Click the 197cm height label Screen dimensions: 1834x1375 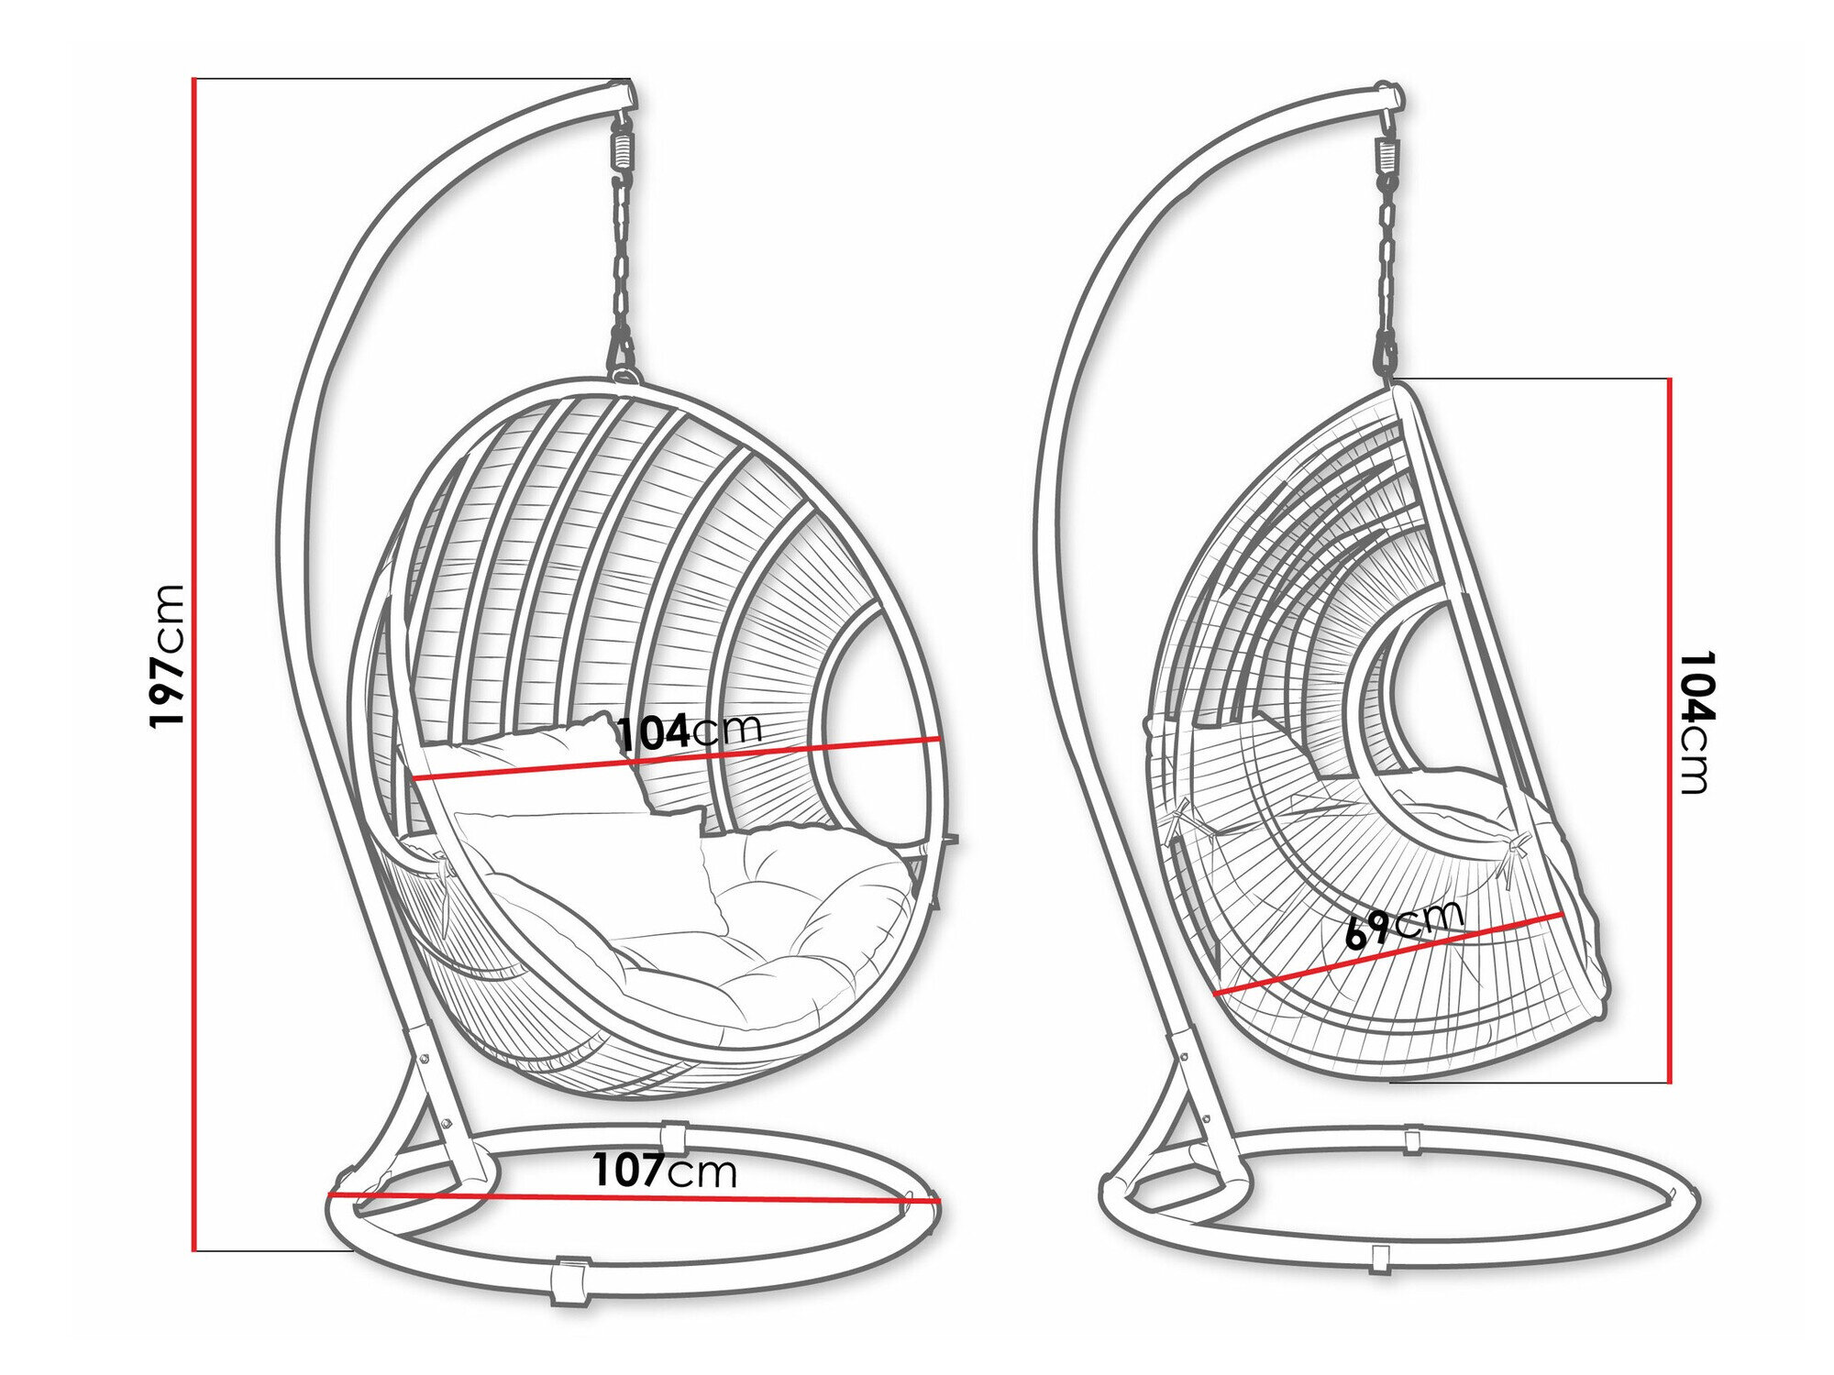tap(168, 656)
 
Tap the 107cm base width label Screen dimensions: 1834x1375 tap(665, 1171)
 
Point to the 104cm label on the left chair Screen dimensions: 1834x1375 tap(690, 731)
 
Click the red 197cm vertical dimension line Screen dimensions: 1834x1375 tap(194, 665)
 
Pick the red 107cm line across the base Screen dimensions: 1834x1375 tap(634, 1196)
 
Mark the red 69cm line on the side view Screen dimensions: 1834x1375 tap(1388, 953)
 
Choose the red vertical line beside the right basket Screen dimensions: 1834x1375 tap(1669, 730)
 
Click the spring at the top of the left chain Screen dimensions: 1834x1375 tap(624, 147)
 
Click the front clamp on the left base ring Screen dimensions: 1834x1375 tap(569, 1279)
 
